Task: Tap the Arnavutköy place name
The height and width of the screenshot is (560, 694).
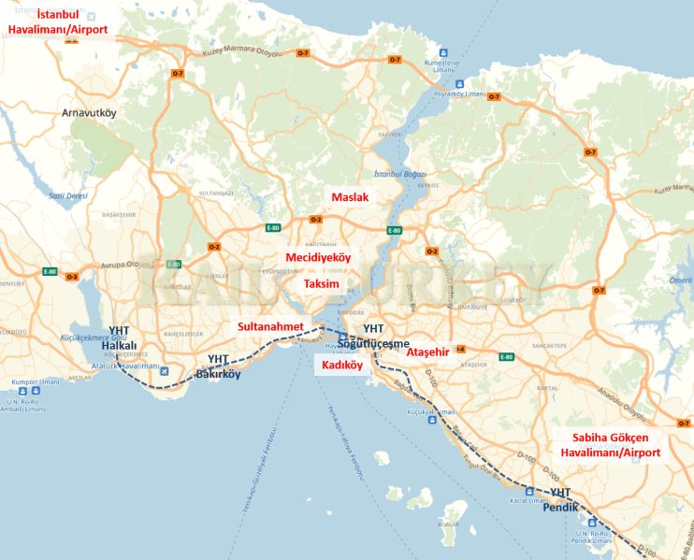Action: click(x=88, y=112)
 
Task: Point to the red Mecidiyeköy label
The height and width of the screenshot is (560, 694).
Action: click(x=318, y=257)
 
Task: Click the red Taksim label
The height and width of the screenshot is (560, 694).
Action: click(x=321, y=283)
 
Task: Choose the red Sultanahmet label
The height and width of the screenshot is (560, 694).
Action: click(x=271, y=326)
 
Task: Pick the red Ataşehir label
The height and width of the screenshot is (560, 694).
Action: click(x=429, y=352)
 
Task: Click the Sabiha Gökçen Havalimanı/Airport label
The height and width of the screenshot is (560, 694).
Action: click(x=611, y=445)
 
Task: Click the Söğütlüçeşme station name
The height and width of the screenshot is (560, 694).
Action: click(x=374, y=342)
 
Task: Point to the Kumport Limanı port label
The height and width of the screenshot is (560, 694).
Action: click(x=34, y=381)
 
